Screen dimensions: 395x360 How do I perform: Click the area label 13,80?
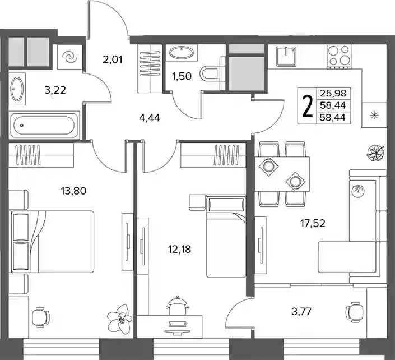click(x=73, y=191)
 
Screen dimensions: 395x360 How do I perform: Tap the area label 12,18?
click(x=179, y=250)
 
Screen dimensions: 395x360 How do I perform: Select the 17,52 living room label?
click(x=313, y=223)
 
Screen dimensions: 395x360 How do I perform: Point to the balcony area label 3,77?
click(x=301, y=312)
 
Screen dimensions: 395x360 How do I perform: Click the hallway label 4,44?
click(x=150, y=118)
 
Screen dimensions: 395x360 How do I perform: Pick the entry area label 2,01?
click(x=113, y=60)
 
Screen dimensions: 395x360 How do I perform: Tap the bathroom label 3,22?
click(x=55, y=90)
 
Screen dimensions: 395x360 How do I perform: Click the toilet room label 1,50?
click(x=182, y=76)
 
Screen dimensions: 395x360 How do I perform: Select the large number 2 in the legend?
click(x=307, y=106)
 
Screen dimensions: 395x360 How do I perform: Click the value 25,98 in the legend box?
click(x=333, y=94)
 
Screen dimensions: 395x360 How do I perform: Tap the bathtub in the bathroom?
click(x=44, y=125)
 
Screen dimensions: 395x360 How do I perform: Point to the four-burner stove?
click(x=340, y=56)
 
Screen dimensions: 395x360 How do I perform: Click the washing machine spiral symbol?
click(x=70, y=58)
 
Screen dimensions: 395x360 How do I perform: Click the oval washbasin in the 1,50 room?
click(x=182, y=53)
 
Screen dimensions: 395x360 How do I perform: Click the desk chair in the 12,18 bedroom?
click(x=178, y=306)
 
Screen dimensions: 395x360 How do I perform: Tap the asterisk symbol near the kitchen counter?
click(x=374, y=115)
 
